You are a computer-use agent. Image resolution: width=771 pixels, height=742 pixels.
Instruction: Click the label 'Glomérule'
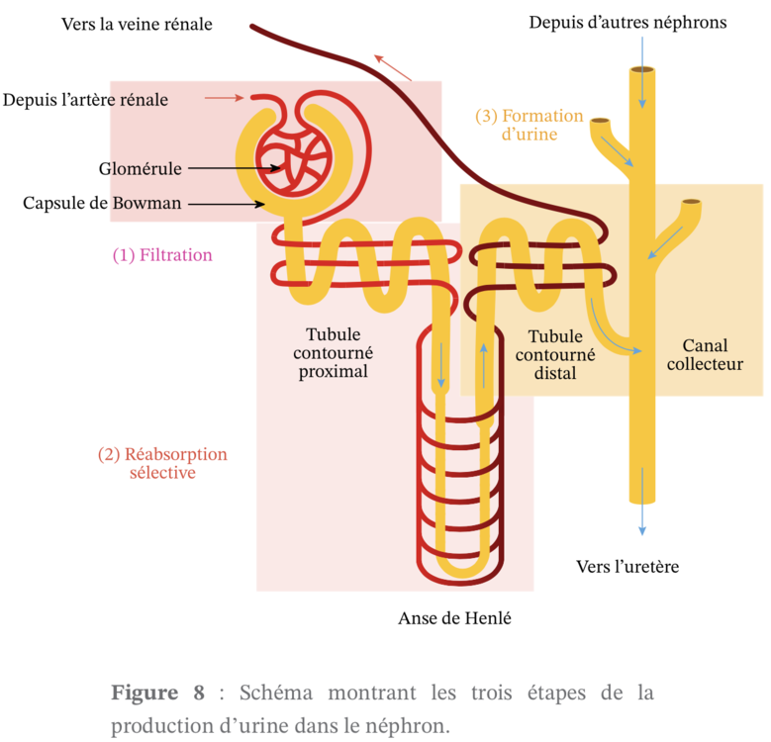point(140,168)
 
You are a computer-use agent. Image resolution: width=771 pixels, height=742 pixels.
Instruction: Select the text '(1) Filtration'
point(162,254)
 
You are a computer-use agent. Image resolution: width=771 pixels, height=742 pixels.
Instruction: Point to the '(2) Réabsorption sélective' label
point(162,463)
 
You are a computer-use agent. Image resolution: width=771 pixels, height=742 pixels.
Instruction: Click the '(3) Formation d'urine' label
point(530,125)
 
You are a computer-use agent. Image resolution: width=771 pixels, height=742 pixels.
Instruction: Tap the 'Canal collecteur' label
point(705,355)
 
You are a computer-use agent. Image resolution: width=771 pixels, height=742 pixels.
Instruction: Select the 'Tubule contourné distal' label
point(554,355)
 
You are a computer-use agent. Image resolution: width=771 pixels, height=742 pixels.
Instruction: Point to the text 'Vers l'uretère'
point(627,567)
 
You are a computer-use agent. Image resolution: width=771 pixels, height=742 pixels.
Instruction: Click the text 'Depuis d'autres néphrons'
point(627,22)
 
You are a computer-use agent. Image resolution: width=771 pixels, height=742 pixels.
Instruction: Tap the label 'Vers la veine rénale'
point(136,23)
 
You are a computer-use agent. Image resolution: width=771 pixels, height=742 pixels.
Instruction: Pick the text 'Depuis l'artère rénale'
point(85,100)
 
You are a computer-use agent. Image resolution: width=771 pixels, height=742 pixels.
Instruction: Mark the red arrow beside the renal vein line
point(393,66)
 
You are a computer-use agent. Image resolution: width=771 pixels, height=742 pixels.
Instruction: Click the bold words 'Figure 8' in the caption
point(157,693)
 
